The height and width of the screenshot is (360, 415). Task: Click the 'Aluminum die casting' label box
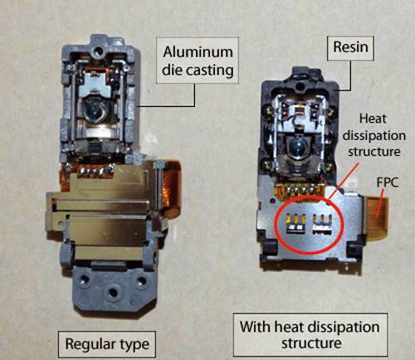(x=198, y=61)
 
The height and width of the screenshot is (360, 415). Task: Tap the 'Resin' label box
(x=350, y=48)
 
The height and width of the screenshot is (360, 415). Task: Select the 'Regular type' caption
(x=107, y=344)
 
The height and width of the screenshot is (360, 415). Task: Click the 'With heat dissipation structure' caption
(x=310, y=335)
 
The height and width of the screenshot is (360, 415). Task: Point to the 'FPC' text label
(x=388, y=182)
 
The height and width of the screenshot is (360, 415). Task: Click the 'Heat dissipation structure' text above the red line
(x=374, y=135)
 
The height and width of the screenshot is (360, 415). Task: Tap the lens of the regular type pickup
(x=95, y=111)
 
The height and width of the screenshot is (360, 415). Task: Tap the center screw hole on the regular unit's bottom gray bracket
(x=112, y=293)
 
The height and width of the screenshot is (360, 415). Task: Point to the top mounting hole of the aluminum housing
(x=97, y=51)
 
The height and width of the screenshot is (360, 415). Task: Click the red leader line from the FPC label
(x=379, y=203)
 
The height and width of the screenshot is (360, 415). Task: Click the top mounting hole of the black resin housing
(x=300, y=86)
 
